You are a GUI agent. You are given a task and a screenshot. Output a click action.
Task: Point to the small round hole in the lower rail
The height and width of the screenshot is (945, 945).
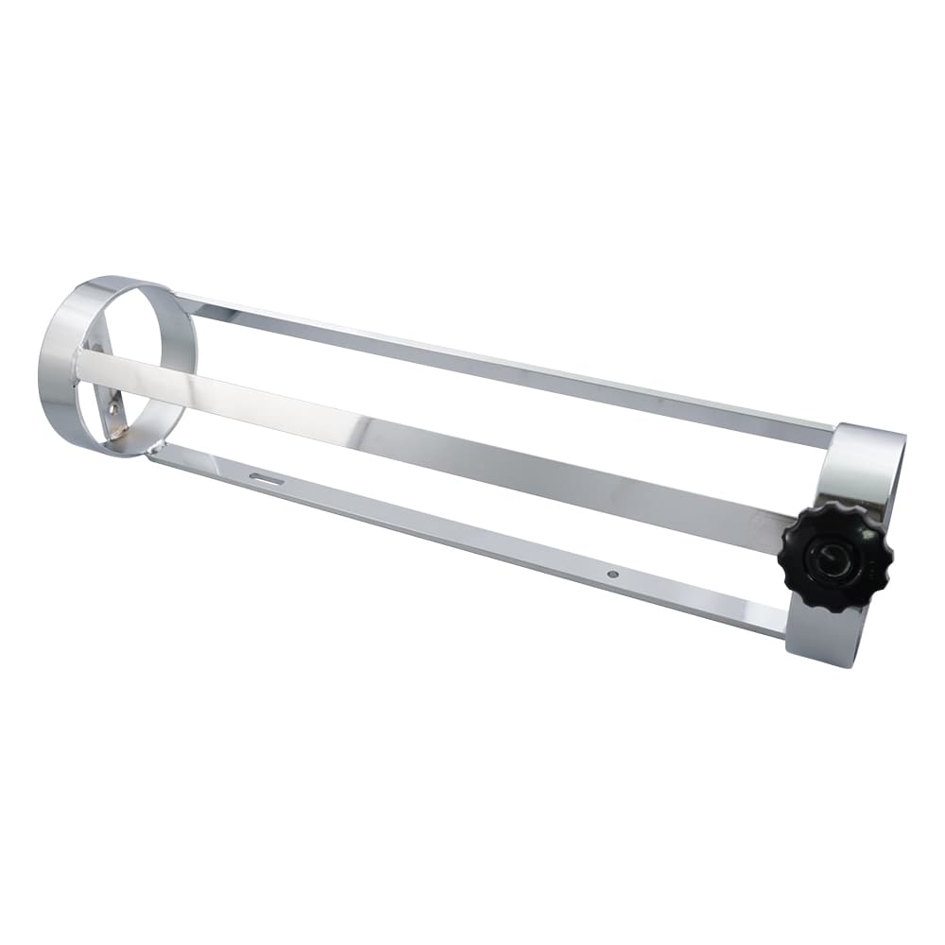612,574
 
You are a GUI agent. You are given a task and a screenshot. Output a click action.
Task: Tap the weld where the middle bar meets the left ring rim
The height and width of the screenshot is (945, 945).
79,364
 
